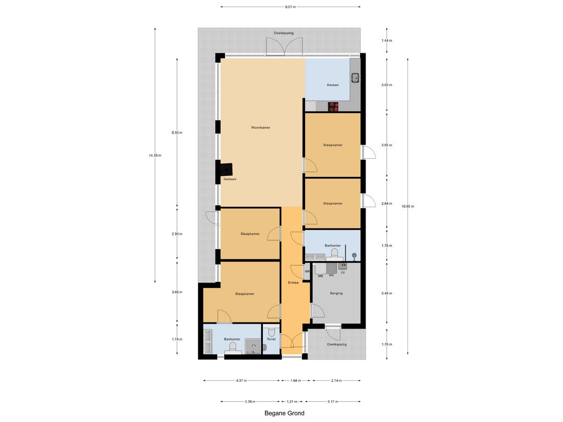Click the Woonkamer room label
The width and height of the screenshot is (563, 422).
coord(261,127)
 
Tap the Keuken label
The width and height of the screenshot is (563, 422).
coord(333,85)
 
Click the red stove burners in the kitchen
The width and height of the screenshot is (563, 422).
coord(334,106)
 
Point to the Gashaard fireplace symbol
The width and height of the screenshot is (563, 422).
coord(227,168)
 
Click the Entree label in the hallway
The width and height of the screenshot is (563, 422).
coord(294,283)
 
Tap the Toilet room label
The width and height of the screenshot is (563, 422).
coord(272,339)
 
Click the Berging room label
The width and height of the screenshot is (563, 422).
coord(336,293)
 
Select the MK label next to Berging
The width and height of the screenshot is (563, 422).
coord(307,271)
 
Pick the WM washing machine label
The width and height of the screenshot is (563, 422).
coord(321,276)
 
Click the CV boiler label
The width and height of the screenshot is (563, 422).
coord(343,273)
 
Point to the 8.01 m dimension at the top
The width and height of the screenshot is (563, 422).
coord(290,7)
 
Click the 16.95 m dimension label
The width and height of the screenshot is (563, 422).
coord(408,207)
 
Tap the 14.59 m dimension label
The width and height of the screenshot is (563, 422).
coord(155,156)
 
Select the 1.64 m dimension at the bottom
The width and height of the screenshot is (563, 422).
coord(295,381)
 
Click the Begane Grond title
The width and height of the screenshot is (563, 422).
coord(284,413)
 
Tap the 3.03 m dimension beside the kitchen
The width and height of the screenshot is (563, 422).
coord(387,85)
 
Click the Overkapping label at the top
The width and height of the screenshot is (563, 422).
coord(284,33)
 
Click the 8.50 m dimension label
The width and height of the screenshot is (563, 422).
coord(177,132)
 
